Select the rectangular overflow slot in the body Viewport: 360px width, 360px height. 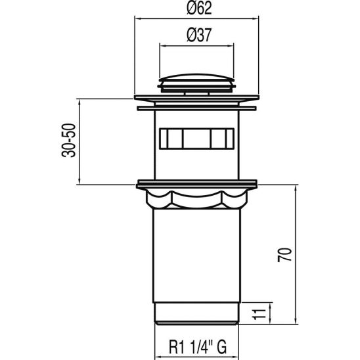click(x=196, y=139)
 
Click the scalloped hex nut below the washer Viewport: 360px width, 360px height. click(x=196, y=198)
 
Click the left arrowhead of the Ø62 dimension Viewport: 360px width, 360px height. click(x=138, y=20)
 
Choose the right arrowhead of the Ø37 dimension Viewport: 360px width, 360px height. click(x=230, y=46)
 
